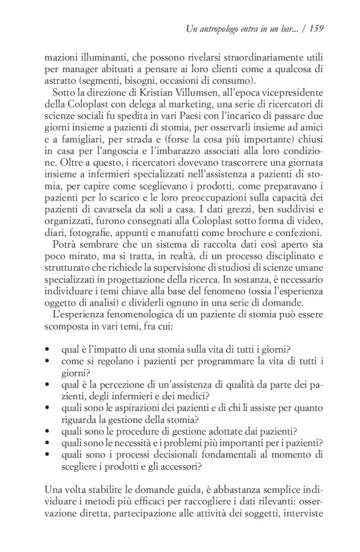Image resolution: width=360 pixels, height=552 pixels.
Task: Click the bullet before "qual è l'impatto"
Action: [x=47, y=351]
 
